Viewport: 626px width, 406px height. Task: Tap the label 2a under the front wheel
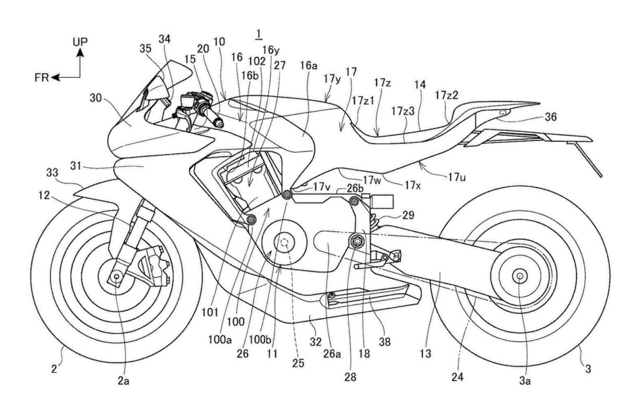coord(123,381)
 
